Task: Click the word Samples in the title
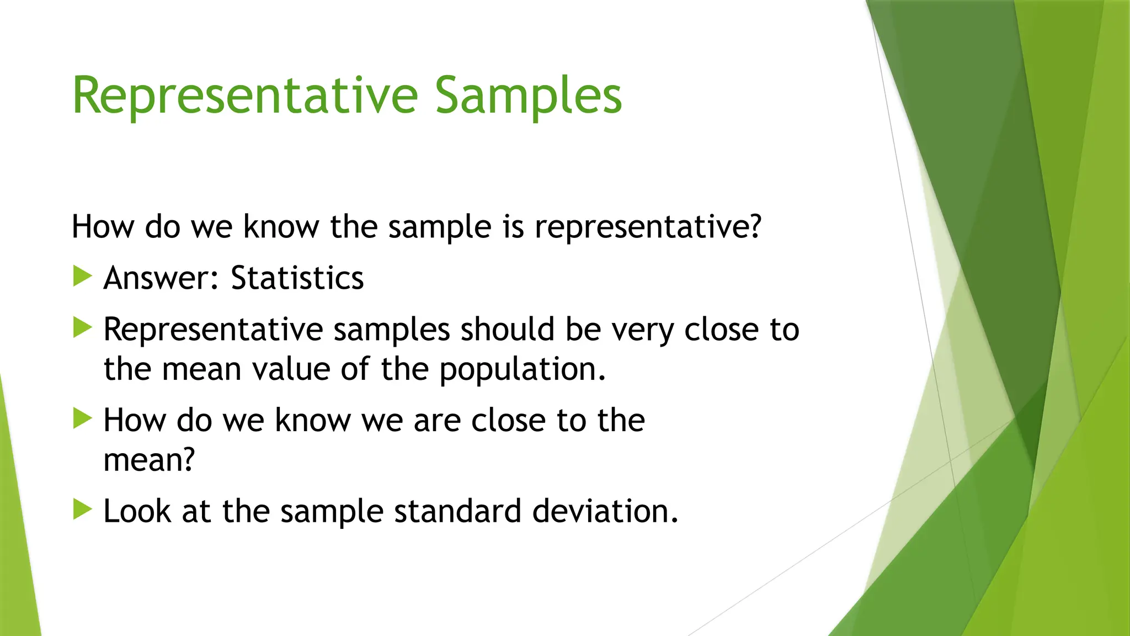coord(528,97)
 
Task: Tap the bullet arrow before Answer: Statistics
coord(82,276)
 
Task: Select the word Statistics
coord(297,278)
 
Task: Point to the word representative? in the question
coord(648,227)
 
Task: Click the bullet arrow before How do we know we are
coord(82,418)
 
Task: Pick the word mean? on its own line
coord(149,460)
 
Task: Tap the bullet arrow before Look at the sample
coord(82,509)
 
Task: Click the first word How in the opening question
coord(103,227)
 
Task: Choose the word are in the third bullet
coord(437,421)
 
